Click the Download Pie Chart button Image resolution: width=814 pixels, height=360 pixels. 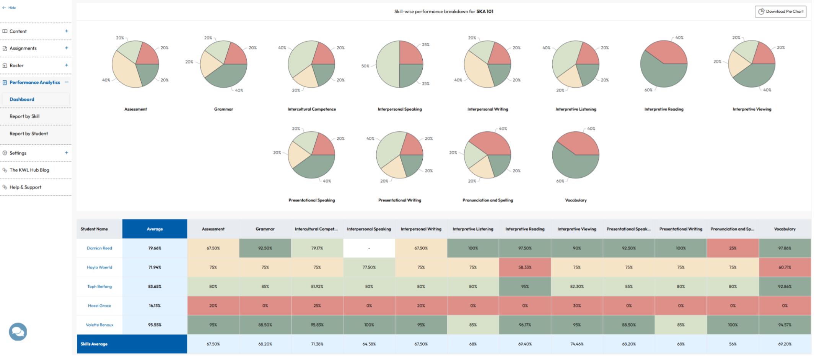(780, 11)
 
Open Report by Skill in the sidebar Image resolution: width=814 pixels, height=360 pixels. (24, 116)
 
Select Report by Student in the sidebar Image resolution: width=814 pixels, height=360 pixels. (29, 134)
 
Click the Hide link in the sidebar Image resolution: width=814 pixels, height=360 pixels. (9, 8)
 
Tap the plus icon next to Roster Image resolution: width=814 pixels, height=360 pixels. (67, 65)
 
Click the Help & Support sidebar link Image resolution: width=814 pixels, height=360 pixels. (25, 187)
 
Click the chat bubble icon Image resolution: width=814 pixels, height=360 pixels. (18, 332)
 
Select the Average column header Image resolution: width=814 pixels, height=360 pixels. (155, 229)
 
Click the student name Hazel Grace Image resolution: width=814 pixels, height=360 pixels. (99, 306)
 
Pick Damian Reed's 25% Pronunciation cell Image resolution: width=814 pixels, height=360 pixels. (733, 248)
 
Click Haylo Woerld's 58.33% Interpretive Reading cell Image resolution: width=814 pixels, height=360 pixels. (525, 267)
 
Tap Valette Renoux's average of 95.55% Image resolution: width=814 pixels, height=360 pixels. (155, 325)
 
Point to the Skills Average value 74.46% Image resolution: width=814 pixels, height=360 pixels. (577, 344)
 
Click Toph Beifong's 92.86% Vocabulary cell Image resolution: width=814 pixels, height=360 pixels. (785, 286)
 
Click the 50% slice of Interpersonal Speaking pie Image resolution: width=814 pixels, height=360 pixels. (387, 64)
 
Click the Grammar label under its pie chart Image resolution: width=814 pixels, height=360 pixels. (223, 109)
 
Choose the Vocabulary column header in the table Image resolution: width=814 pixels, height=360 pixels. (785, 229)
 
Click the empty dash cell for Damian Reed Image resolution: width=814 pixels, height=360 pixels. (369, 248)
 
